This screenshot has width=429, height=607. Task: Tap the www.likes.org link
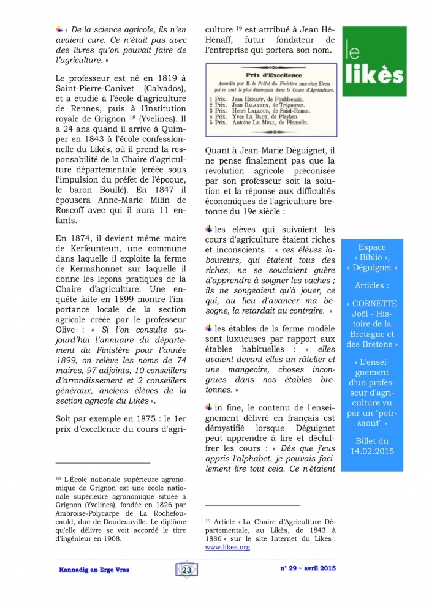coord(227,547)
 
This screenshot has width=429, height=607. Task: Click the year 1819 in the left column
coord(164,79)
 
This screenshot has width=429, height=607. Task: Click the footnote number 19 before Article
coord(208,516)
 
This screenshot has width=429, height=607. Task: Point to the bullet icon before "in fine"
coord(209,406)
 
